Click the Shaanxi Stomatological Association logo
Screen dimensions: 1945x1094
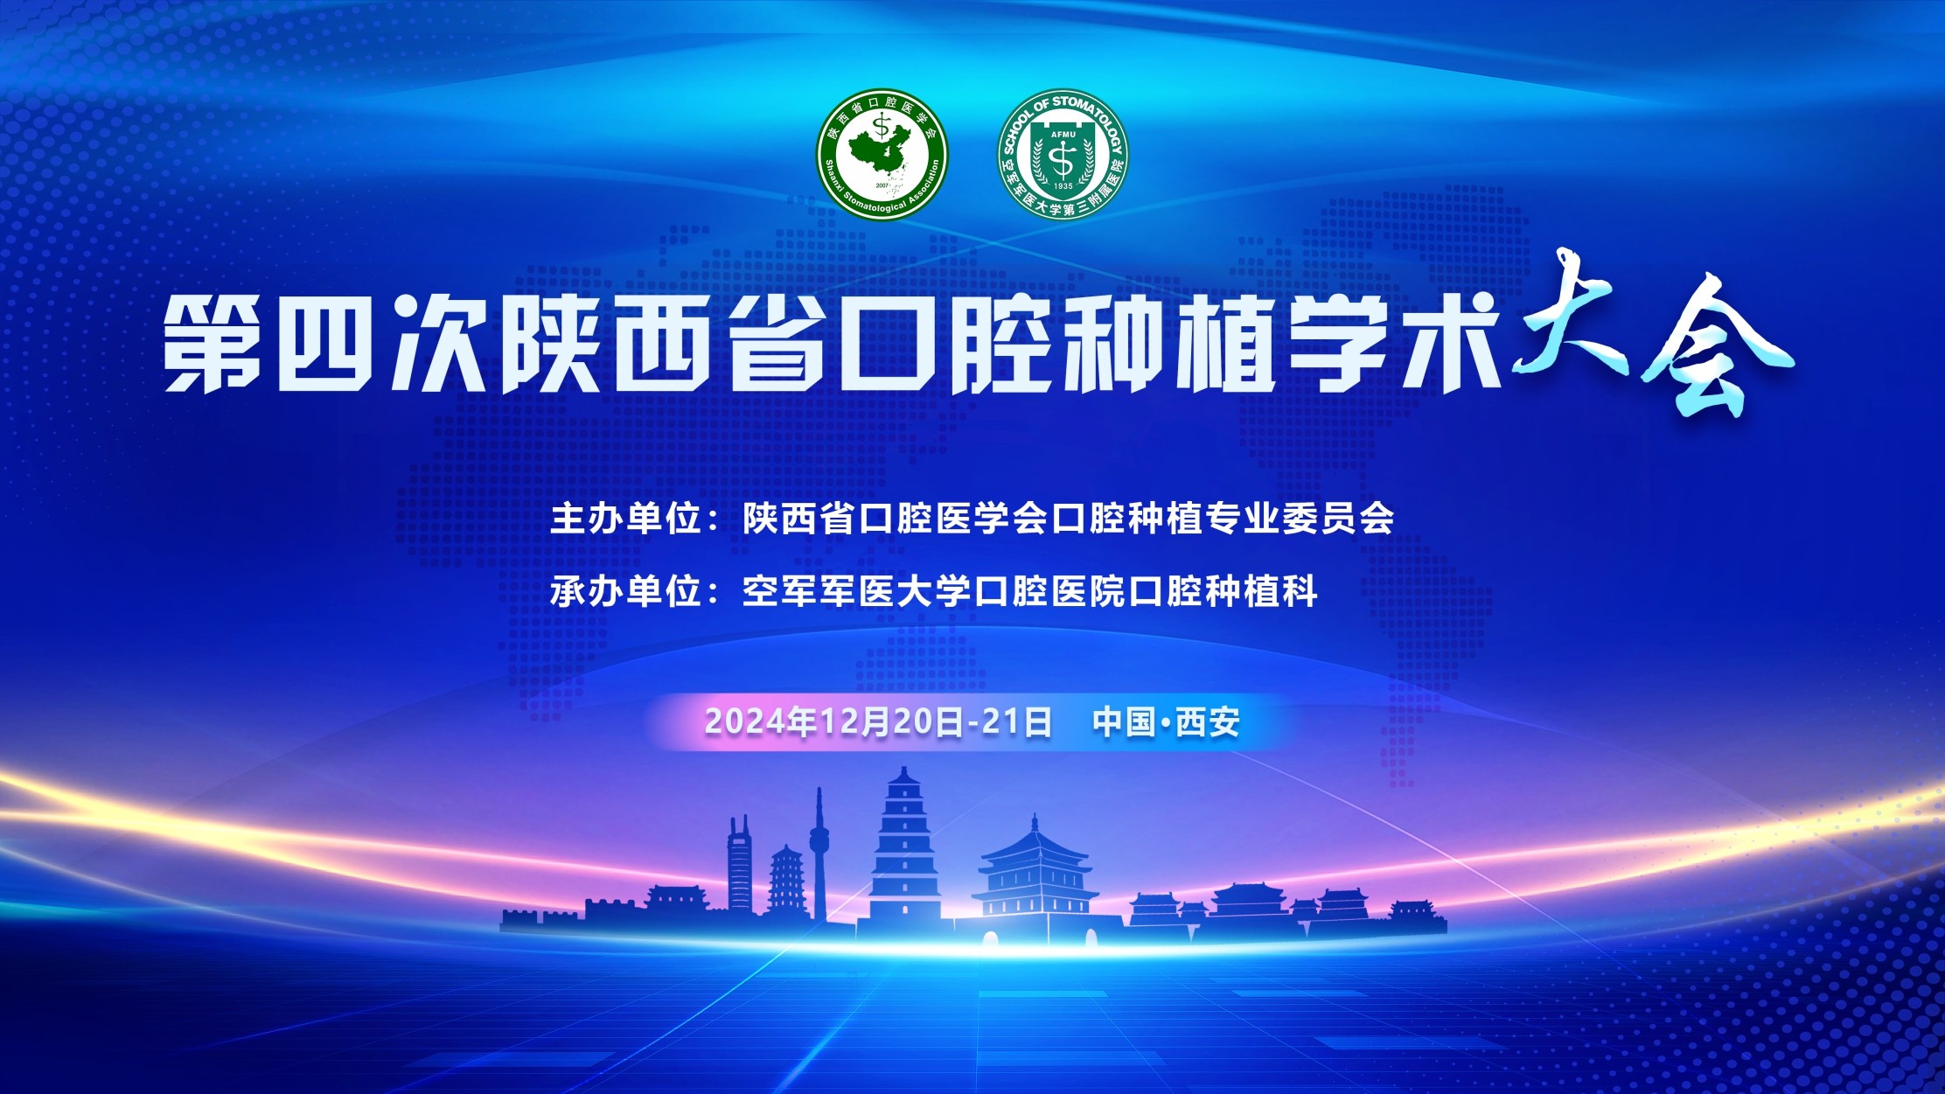(x=882, y=154)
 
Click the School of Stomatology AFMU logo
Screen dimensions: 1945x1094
(x=1063, y=154)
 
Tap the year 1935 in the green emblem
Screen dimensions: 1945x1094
(x=1063, y=186)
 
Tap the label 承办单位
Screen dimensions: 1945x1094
(x=626, y=592)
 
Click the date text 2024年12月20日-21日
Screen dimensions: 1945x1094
(x=878, y=722)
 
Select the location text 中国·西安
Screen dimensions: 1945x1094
(x=1166, y=722)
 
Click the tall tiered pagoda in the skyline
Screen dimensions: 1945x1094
(x=905, y=846)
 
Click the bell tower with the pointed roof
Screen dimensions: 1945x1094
(x=1035, y=875)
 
